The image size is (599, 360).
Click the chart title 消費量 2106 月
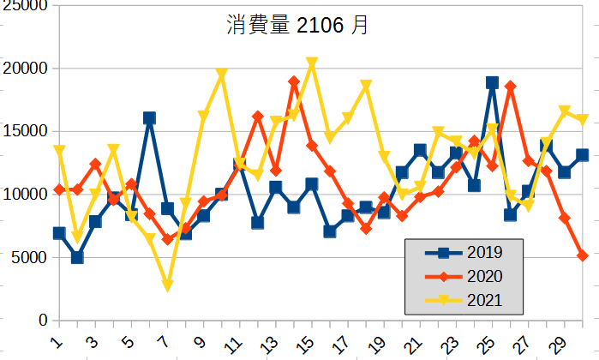point(297,26)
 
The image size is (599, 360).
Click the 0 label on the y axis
point(42,320)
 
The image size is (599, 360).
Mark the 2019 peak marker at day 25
point(492,83)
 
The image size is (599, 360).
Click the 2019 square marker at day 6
point(149,118)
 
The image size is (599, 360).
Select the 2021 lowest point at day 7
point(167,285)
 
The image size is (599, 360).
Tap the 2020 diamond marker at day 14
point(294,81)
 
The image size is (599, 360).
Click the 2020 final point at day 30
point(583,255)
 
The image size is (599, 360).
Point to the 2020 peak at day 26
point(510,87)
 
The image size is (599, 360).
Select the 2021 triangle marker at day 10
point(221,75)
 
